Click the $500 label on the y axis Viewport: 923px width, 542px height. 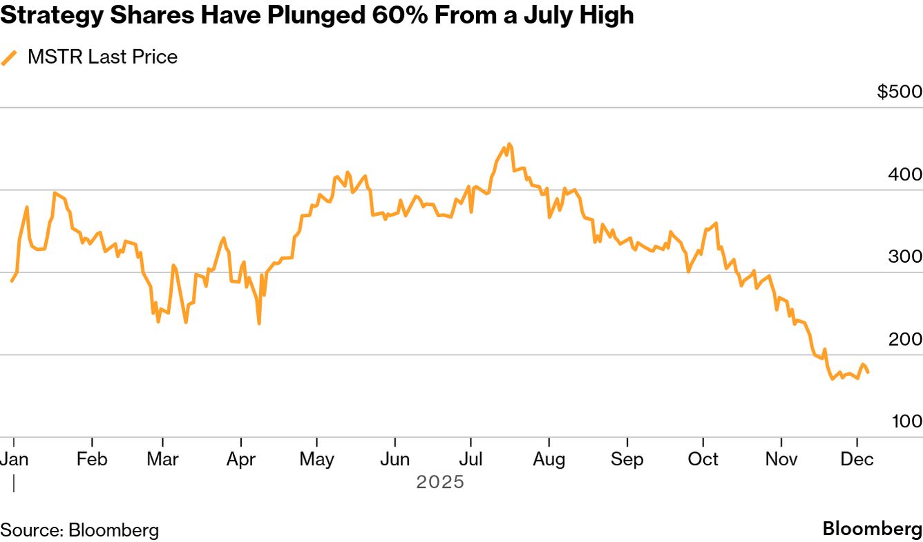[900, 92]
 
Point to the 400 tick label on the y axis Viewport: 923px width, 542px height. [905, 174]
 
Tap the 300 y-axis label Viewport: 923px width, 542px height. [905, 256]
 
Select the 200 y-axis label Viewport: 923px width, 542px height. [905, 339]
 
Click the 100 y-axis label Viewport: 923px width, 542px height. [905, 421]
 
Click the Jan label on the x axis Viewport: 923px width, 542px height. [15, 459]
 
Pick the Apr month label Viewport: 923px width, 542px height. [241, 459]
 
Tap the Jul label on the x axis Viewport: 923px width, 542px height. [471, 459]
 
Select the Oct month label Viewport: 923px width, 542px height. [703, 459]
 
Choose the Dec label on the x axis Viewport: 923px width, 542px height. [857, 459]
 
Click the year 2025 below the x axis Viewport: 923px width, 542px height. [440, 482]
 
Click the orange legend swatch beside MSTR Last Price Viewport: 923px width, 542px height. [9, 57]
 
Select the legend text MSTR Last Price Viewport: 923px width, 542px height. [102, 57]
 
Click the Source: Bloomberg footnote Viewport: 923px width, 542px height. [79, 530]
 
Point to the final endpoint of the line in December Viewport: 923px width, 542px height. [868, 373]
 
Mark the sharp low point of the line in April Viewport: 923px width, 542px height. [259, 323]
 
